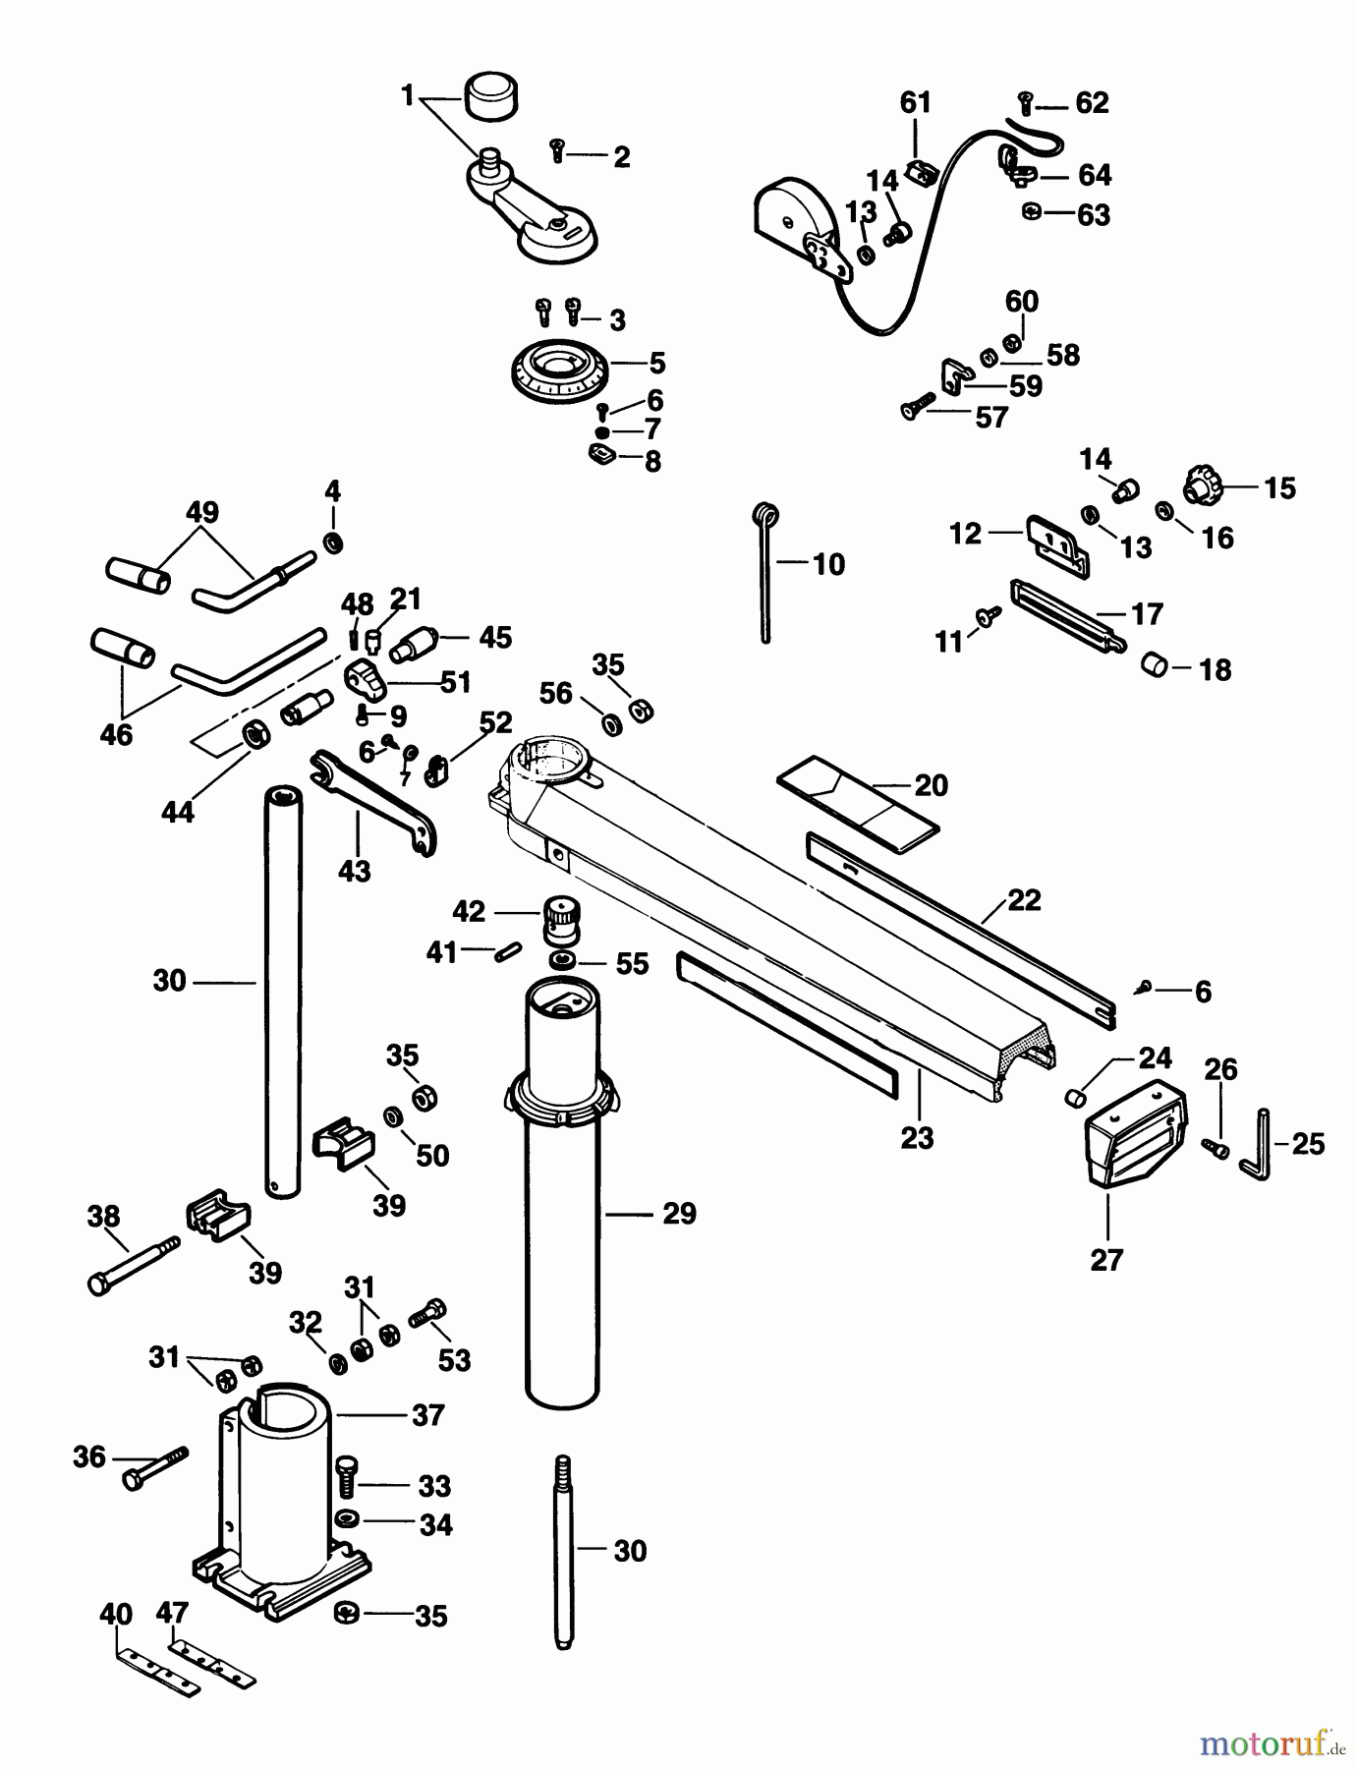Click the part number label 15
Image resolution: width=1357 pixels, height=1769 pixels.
tap(1279, 488)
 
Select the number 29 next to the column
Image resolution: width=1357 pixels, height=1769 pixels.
tap(678, 1214)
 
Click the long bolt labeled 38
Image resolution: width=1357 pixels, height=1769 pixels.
tap(133, 1264)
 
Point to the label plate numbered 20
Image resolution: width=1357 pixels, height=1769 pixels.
tap(857, 802)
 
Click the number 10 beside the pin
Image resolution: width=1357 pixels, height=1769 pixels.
tap(828, 564)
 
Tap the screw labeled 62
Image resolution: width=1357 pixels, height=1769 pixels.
tap(1025, 98)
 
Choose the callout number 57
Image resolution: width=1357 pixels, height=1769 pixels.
tap(990, 418)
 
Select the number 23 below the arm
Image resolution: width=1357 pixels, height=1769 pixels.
tap(916, 1138)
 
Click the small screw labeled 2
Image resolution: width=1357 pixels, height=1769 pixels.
tap(558, 149)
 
